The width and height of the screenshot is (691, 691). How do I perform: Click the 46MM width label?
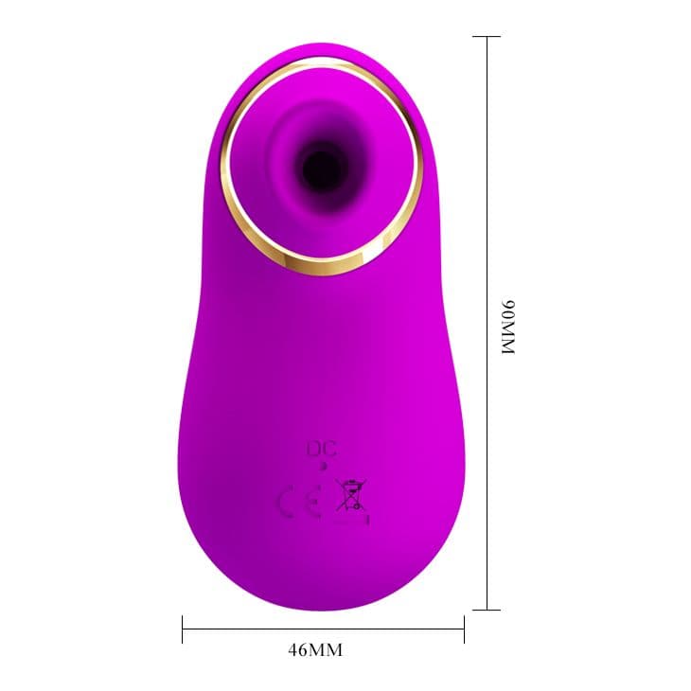pos(315,649)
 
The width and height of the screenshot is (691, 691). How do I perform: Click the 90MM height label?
pos(508,327)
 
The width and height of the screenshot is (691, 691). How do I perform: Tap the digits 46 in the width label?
pos(296,649)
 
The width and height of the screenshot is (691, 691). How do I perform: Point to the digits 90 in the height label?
pos(508,309)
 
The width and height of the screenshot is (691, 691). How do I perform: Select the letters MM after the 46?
pos(325,649)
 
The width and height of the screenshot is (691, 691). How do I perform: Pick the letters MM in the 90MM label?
pos(508,336)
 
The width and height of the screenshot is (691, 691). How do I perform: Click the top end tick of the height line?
pos(487,37)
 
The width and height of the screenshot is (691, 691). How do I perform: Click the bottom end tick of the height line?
pos(487,610)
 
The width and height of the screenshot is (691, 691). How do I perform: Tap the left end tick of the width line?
pos(182,629)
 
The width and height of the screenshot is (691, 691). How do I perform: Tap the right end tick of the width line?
pos(464,629)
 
